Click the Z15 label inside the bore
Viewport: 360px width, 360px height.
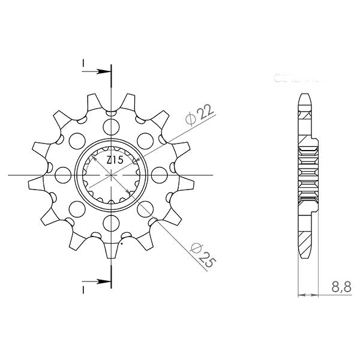point(115,160)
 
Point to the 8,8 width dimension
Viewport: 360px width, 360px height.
point(341,289)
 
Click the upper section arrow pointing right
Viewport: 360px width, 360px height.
point(102,71)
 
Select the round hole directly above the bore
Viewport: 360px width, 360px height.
point(111,126)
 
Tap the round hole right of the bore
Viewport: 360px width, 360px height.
point(160,175)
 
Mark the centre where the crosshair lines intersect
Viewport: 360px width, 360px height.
point(111,175)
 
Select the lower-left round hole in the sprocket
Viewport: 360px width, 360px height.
point(77,209)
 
